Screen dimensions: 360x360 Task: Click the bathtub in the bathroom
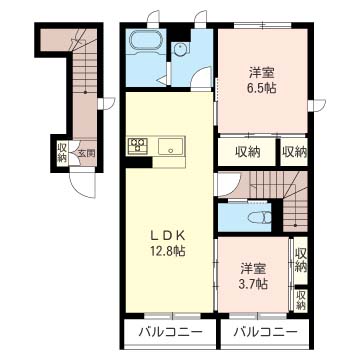pos(147,41)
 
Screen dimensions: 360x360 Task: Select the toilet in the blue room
pos(260,218)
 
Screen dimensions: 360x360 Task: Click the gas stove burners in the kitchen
pos(137,146)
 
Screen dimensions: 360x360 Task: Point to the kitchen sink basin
pos(170,146)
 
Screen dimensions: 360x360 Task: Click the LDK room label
pos(167,236)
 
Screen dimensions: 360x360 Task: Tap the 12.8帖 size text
pos(168,251)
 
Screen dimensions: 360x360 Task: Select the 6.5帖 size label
pos(262,87)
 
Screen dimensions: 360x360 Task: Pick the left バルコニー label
pos(171,332)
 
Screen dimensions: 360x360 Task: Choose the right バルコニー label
pos(265,332)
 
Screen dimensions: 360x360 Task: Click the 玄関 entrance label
pos(87,154)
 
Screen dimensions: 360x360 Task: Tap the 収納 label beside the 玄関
pos(62,152)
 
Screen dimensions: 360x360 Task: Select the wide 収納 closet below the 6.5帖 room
pos(248,152)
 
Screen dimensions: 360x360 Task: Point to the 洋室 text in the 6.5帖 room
pos(262,73)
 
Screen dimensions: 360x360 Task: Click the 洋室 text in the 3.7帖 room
pos(254,269)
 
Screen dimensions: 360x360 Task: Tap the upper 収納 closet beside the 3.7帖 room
pos(301,260)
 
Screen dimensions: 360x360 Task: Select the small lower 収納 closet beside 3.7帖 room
pos(301,300)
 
